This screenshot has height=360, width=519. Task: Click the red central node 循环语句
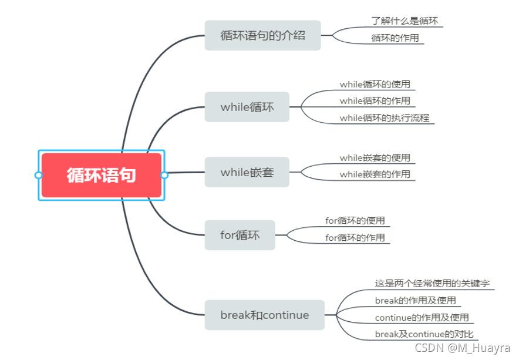(101, 175)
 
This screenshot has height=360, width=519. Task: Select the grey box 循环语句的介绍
(262, 35)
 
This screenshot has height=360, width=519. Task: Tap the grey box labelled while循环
(247, 107)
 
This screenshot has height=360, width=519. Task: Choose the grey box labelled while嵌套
(247, 172)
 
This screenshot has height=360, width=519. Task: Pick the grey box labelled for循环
(240, 235)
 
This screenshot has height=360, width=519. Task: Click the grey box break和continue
(264, 315)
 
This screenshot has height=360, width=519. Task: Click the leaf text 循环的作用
(395, 38)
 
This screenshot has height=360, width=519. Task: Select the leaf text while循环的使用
(375, 85)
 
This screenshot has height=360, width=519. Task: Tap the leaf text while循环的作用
(375, 101)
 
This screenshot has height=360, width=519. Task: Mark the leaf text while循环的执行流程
(385, 118)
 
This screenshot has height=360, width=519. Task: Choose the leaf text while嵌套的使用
(375, 158)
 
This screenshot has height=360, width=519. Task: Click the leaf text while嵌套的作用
(375, 174)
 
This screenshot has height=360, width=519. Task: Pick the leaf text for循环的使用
(355, 221)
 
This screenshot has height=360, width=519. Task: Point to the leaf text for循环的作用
(355, 238)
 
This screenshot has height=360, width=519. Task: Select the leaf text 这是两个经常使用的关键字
(432, 284)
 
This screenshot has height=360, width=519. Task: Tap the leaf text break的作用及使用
(415, 301)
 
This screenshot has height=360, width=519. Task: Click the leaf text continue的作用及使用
(422, 318)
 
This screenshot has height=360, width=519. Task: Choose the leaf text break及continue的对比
(424, 335)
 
